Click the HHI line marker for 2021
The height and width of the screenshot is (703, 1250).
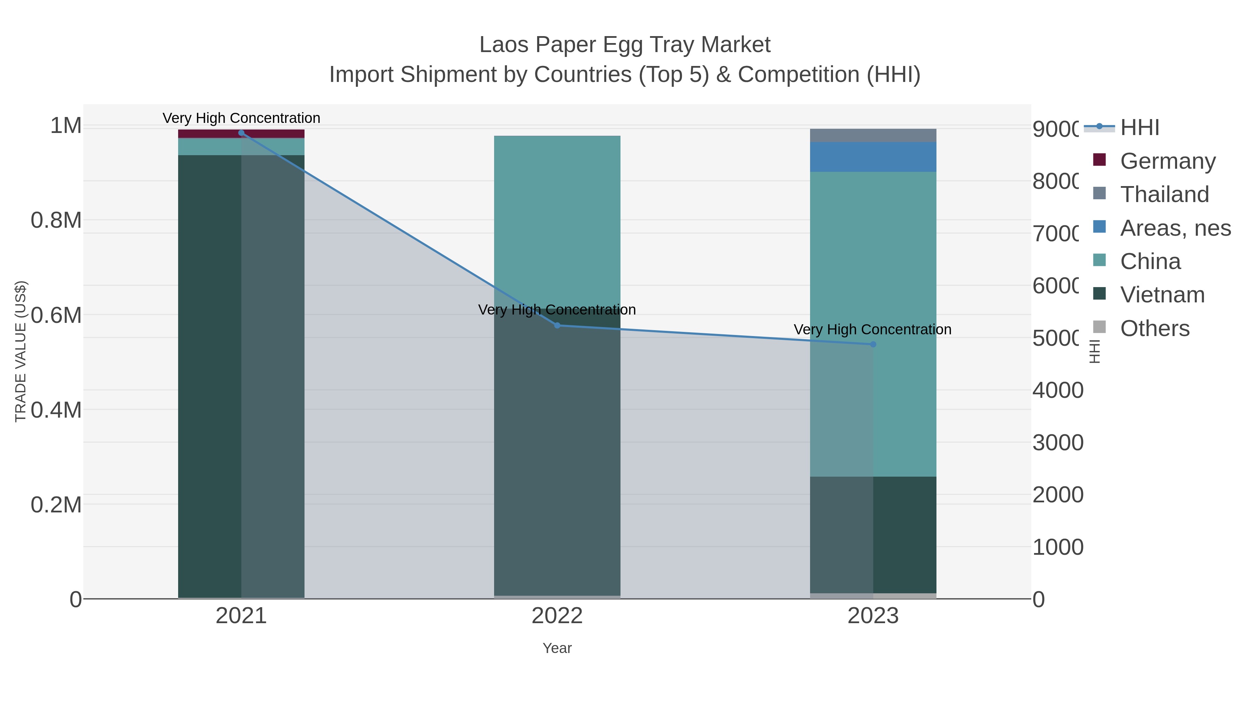pyautogui.click(x=241, y=133)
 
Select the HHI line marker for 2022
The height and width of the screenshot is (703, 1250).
pyautogui.click(x=557, y=326)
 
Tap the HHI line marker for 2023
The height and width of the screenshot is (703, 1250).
pyautogui.click(x=873, y=344)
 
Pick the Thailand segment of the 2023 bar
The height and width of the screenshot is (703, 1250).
pyautogui.click(x=873, y=135)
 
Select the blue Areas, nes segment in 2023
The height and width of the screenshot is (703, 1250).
pyautogui.click(x=873, y=157)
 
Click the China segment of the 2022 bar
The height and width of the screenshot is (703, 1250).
pyautogui.click(x=557, y=218)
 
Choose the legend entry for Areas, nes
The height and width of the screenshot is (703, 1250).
pyautogui.click(x=1175, y=228)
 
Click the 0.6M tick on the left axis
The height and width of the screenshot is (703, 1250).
pyautogui.click(x=56, y=315)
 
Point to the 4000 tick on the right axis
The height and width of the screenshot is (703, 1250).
pyautogui.click(x=1058, y=390)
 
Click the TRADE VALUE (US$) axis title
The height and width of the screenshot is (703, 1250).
pyautogui.click(x=20, y=351)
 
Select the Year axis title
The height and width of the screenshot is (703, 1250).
pyautogui.click(x=557, y=648)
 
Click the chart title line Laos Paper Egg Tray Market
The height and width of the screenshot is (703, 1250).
pyautogui.click(x=625, y=45)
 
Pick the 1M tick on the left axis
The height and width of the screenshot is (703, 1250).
pyautogui.click(x=66, y=126)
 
